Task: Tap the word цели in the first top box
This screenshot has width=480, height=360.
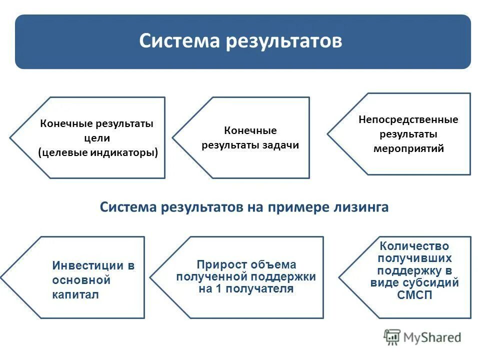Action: (x=97, y=138)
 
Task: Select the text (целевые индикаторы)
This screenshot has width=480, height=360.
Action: (x=98, y=152)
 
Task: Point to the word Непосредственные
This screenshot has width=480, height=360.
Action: (x=408, y=119)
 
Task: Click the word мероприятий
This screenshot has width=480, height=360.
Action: (x=408, y=148)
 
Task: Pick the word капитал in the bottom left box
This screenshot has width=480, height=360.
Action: (x=75, y=294)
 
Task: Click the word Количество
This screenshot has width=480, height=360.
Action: (x=414, y=246)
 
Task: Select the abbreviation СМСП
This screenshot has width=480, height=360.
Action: (x=414, y=295)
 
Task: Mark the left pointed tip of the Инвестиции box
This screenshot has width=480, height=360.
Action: (x=1, y=277)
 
